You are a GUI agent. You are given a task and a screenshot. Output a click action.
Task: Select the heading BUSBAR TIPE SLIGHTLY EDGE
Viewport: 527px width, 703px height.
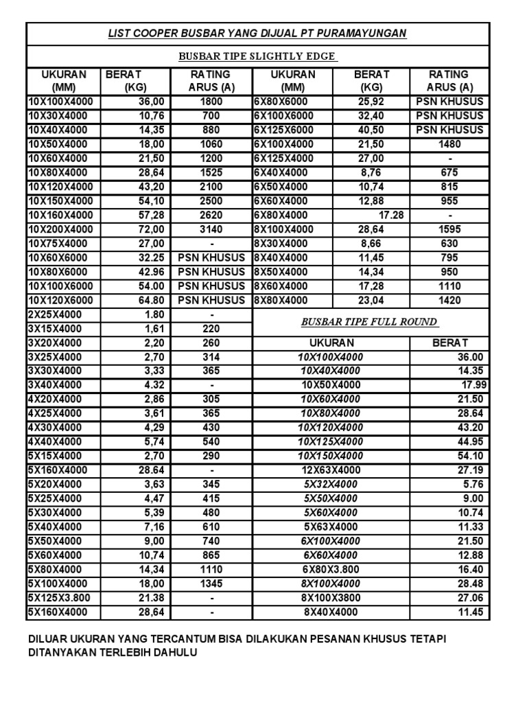click(x=257, y=56)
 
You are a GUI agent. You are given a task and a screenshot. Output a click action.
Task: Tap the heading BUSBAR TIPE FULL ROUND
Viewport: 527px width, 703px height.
click(x=369, y=322)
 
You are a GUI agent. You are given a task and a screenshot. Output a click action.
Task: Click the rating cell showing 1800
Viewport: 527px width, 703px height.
click(x=211, y=102)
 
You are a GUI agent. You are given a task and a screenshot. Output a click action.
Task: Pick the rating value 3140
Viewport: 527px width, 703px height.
click(x=211, y=229)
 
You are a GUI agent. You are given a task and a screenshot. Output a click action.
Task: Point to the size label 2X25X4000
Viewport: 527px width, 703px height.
click(x=54, y=314)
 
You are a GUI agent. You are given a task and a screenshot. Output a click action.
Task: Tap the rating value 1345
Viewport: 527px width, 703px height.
click(x=211, y=584)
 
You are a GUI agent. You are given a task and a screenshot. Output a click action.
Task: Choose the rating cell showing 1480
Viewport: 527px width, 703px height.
click(x=449, y=144)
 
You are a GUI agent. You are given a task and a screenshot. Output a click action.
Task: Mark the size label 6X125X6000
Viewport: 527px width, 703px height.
click(x=283, y=130)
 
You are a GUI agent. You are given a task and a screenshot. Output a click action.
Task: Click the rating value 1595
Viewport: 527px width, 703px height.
click(x=449, y=229)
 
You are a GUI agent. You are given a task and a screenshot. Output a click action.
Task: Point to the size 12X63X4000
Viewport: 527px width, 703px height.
click(x=331, y=470)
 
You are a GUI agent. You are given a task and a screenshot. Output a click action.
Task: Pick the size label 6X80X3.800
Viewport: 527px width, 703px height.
click(x=331, y=569)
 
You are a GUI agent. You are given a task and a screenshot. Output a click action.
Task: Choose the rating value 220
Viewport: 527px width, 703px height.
click(x=211, y=329)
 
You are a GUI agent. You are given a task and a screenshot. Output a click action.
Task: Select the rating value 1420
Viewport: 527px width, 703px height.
click(x=449, y=300)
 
